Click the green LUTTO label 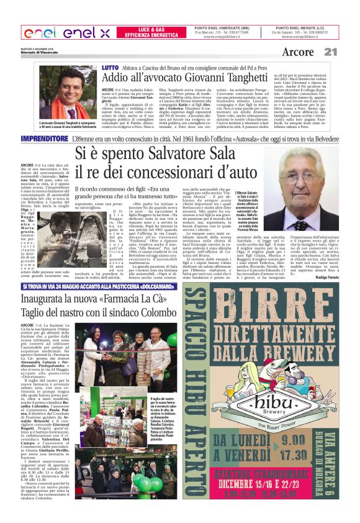pyautogui.click(x=110, y=66)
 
